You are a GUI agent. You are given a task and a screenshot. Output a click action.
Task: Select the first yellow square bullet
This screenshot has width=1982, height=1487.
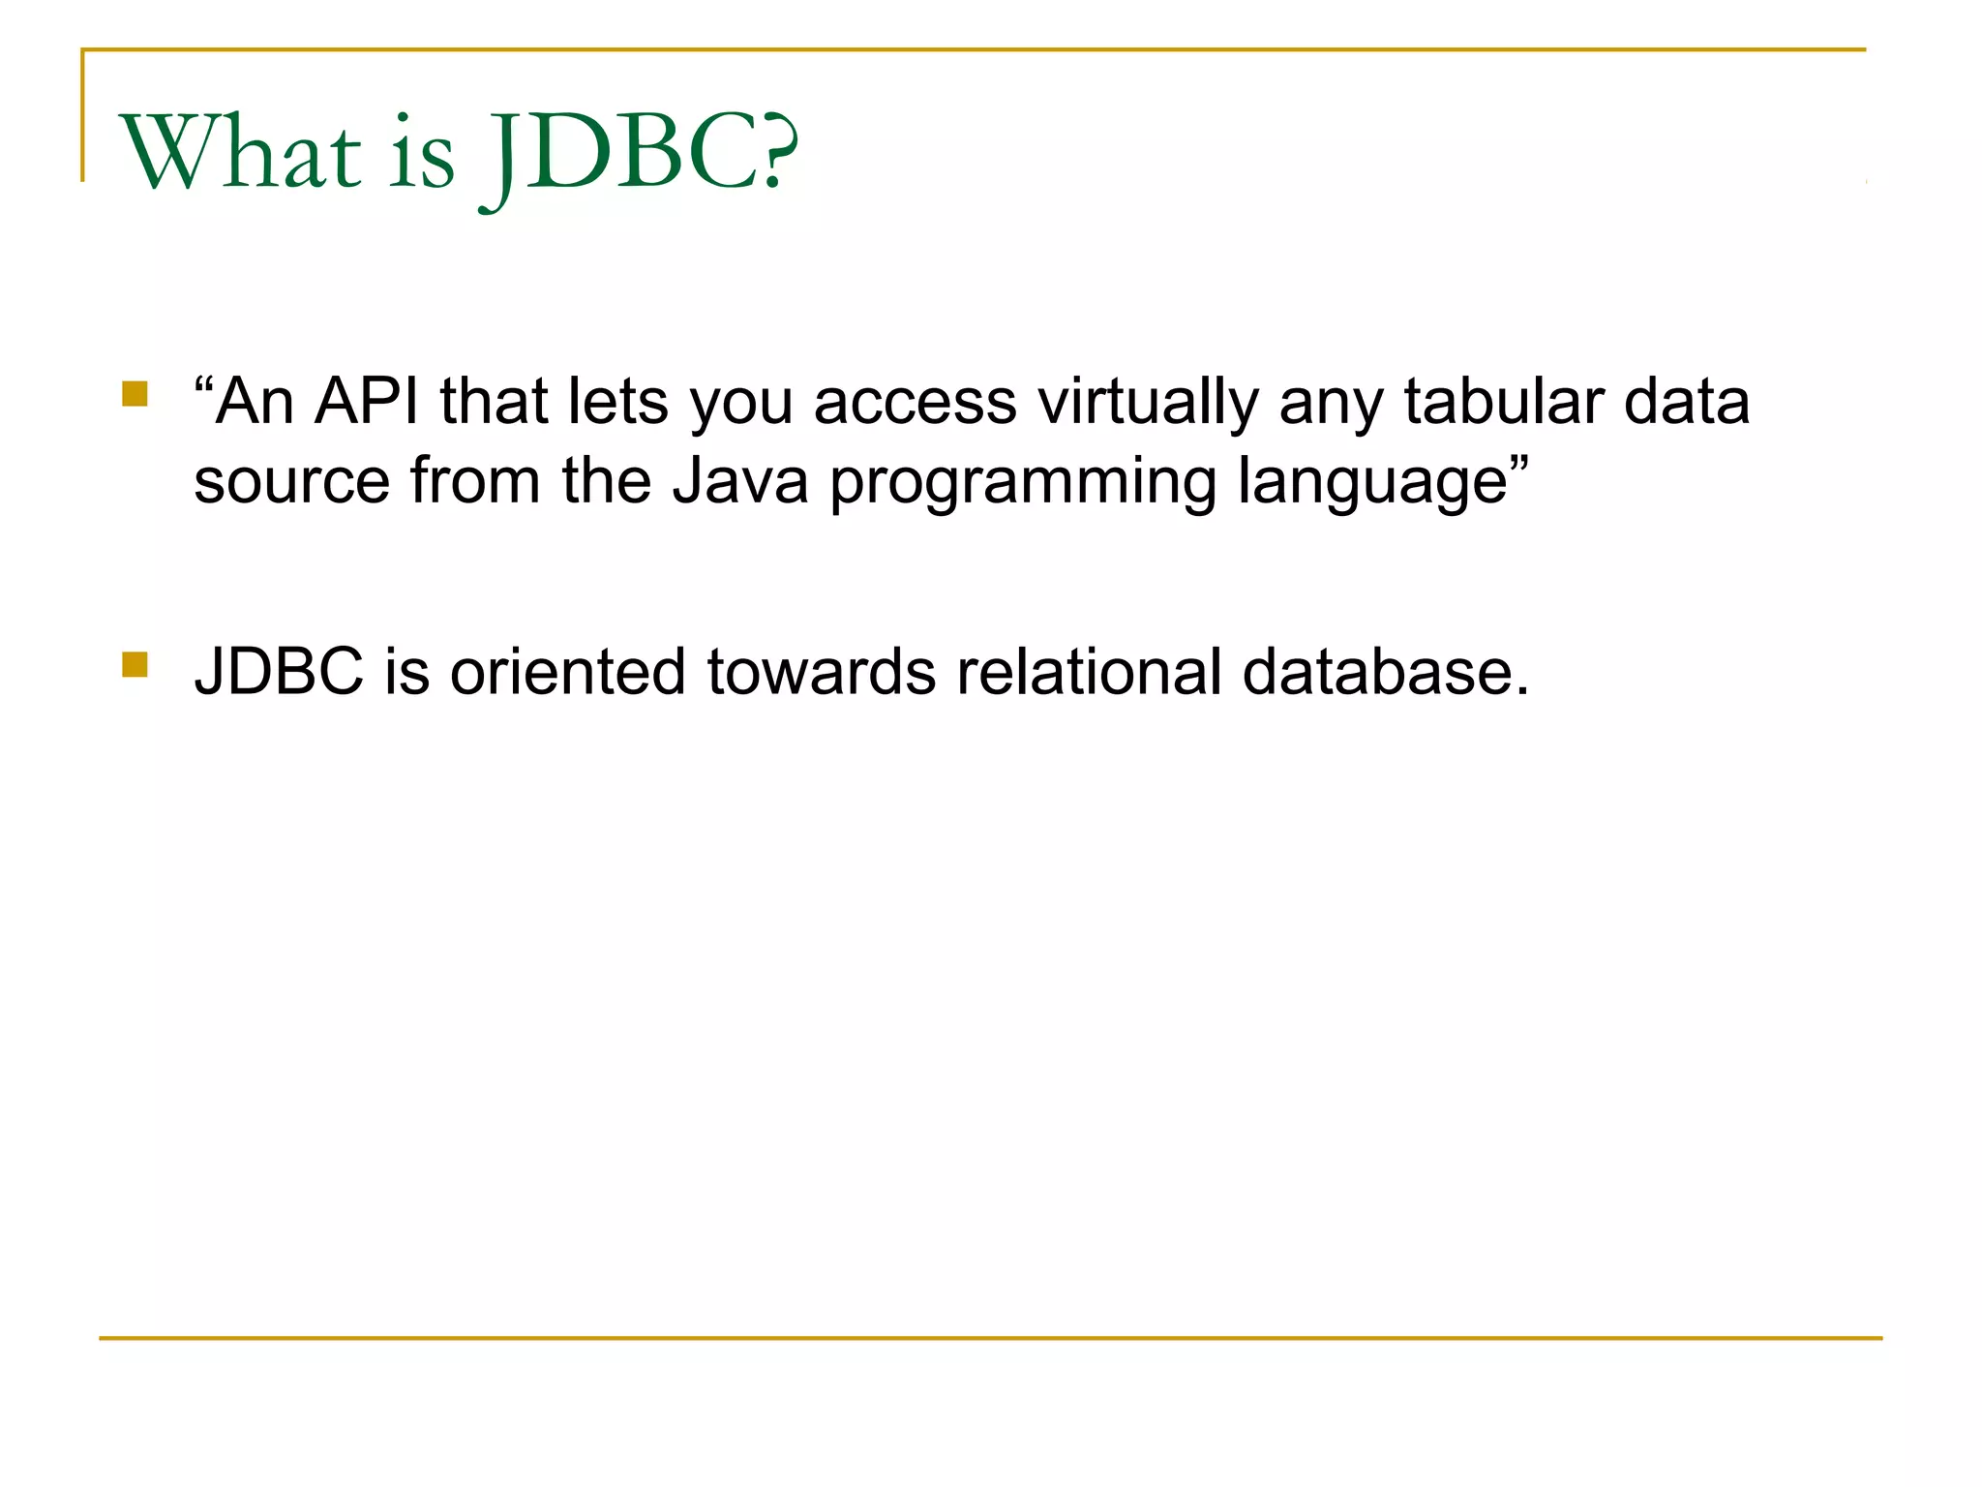[x=135, y=394]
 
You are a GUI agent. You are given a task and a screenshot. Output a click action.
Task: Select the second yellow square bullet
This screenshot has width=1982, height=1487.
[x=135, y=665]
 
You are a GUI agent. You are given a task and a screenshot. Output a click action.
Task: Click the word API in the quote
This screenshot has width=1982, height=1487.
[x=367, y=401]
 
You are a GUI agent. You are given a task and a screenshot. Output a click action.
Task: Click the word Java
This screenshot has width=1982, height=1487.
[x=740, y=481]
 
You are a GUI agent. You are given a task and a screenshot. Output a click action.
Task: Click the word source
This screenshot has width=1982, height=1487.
[x=291, y=481]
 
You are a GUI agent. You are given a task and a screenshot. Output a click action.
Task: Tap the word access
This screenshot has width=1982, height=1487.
[x=916, y=403]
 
